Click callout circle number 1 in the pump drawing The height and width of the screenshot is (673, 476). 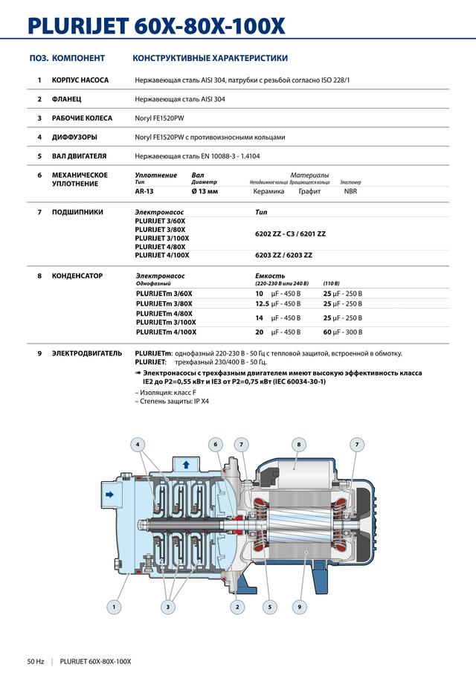click(114, 608)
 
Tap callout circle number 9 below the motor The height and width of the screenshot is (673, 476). click(299, 608)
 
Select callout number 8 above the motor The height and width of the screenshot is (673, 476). click(298, 445)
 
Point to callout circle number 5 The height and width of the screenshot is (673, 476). click(268, 608)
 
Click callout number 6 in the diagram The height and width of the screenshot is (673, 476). click(216, 445)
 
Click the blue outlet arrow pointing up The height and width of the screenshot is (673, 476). click(186, 464)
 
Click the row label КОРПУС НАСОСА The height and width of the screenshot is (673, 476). click(80, 80)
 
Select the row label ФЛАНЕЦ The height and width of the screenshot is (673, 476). click(67, 99)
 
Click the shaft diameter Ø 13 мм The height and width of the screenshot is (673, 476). click(205, 191)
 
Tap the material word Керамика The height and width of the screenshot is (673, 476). click(268, 191)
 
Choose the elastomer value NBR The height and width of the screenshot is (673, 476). click(350, 191)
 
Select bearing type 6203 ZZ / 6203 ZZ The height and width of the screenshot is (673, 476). click(283, 255)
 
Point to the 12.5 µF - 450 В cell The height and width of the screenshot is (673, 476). click(277, 303)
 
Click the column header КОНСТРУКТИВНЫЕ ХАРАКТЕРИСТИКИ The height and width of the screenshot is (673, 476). click(210, 58)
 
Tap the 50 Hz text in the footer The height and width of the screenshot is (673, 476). click(36, 661)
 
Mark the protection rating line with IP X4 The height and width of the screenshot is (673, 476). click(172, 402)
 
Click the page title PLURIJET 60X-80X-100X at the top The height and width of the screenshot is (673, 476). click(156, 25)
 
